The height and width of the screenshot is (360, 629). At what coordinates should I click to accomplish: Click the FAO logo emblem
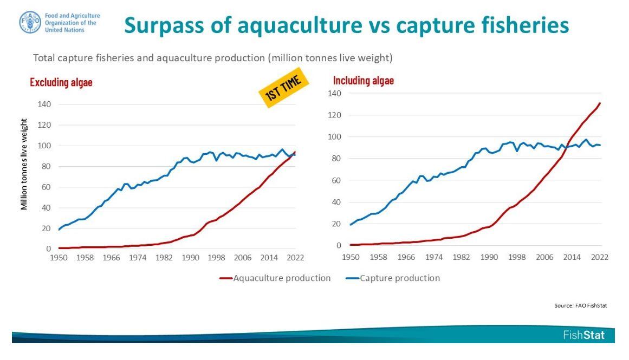pos(30,22)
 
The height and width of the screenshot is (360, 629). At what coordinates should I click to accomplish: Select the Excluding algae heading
pos(61,82)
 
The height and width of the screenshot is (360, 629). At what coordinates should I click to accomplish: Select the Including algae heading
pos(364,81)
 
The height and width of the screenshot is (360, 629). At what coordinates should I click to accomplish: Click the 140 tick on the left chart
pos(43,104)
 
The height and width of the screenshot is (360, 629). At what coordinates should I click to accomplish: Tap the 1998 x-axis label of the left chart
pos(216,258)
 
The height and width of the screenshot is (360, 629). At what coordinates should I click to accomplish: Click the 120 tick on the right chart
pos(335,115)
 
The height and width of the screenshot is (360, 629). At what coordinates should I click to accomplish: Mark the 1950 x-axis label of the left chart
pos(59,258)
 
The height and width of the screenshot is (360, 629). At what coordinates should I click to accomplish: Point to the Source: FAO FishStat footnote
pos(580,305)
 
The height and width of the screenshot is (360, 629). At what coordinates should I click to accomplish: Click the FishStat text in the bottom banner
pos(583,335)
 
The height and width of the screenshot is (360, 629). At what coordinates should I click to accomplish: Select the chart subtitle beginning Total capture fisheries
pos(213,57)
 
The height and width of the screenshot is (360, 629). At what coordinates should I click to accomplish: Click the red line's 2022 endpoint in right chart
pos(600,103)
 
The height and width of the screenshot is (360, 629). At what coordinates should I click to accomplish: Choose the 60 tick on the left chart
pos(46,187)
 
